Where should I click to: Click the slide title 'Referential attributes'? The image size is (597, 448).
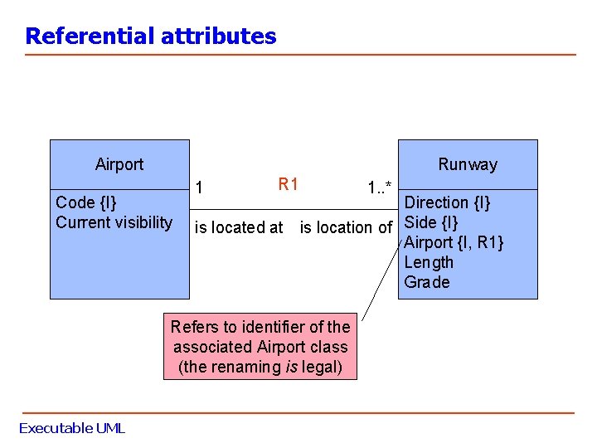(x=150, y=37)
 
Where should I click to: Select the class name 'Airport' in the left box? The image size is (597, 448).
(x=119, y=164)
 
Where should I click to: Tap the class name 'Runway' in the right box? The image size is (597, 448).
(x=468, y=164)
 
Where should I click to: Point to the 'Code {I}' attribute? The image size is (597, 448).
(x=85, y=202)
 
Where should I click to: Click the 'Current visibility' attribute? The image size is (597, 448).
(x=114, y=222)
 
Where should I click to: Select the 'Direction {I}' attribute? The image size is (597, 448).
(x=447, y=202)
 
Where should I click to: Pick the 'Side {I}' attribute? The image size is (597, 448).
(x=430, y=222)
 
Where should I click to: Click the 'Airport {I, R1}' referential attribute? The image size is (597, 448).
(x=453, y=242)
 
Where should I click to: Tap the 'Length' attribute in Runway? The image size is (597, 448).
(x=429, y=262)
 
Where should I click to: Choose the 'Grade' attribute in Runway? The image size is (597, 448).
(x=426, y=282)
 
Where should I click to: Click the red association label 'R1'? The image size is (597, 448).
(x=288, y=184)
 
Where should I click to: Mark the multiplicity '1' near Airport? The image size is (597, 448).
(x=199, y=187)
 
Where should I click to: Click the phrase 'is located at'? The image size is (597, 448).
(x=239, y=227)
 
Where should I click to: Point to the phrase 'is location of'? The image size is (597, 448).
(x=346, y=227)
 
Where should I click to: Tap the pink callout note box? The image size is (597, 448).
(x=260, y=347)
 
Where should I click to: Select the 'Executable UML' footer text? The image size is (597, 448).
(x=72, y=428)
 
